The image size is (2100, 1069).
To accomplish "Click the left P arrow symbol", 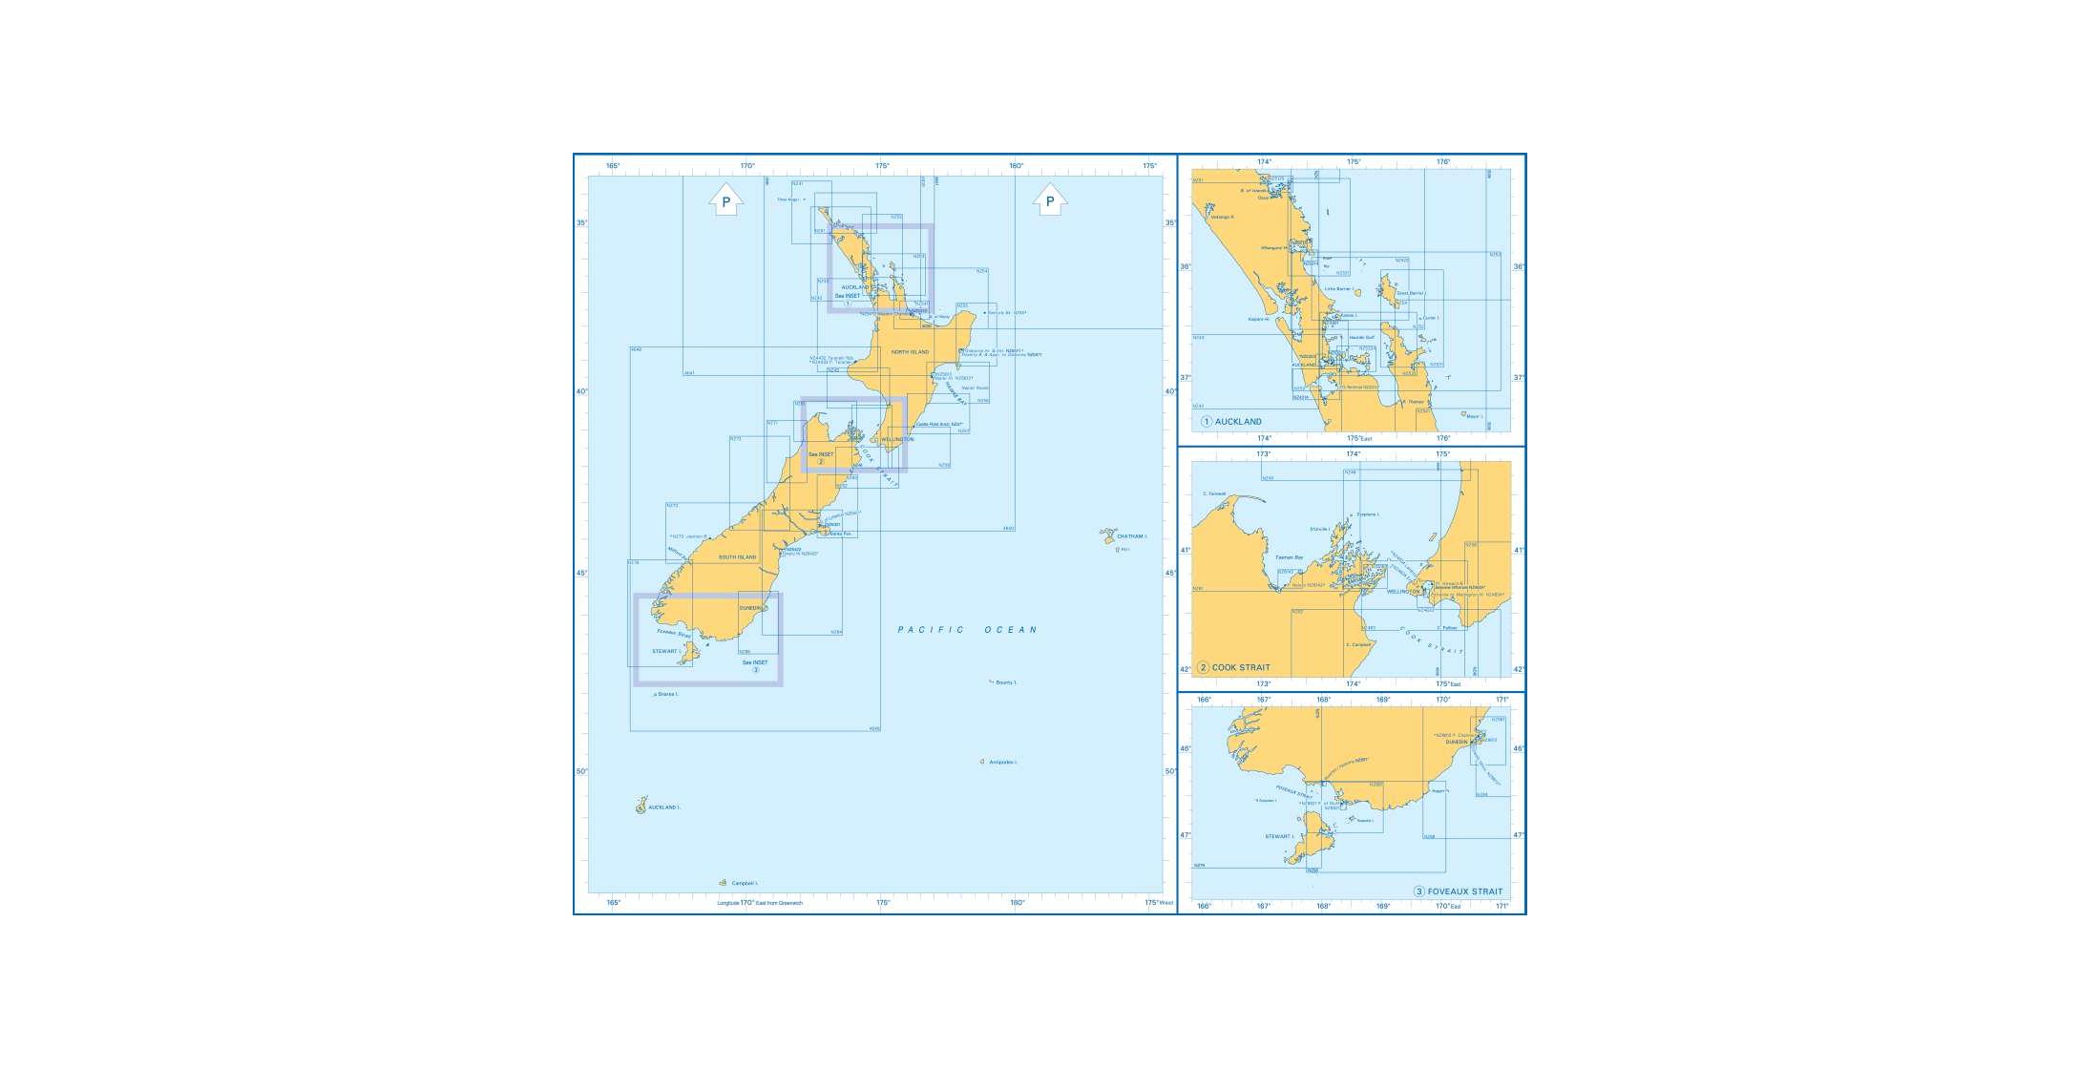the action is (x=725, y=199).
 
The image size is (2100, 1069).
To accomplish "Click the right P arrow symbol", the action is (x=1050, y=199).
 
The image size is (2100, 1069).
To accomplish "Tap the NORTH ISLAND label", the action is (x=910, y=352).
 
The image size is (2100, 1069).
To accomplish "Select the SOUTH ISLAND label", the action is (x=737, y=557).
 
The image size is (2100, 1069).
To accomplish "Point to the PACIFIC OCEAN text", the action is (x=967, y=630).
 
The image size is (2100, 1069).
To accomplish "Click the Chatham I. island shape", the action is (x=1107, y=536).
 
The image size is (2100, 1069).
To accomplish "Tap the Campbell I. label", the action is (x=745, y=884).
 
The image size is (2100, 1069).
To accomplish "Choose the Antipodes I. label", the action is (x=1003, y=763).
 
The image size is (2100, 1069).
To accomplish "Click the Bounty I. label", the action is (x=1006, y=682).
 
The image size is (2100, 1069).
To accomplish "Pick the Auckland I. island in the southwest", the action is (x=641, y=806).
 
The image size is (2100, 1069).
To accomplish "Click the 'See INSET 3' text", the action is (x=755, y=665).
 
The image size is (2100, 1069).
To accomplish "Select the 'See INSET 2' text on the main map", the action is (x=821, y=457).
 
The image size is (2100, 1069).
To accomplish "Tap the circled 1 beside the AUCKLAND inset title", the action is (x=1207, y=422).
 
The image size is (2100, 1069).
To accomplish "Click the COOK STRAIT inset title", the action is (x=1241, y=668).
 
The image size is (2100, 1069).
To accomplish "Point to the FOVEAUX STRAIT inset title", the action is (x=1464, y=891).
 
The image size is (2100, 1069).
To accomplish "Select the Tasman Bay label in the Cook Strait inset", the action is (x=1289, y=557).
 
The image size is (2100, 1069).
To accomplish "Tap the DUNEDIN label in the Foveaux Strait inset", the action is (x=1456, y=742).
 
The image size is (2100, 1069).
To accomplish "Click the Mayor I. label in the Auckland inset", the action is (x=1475, y=416).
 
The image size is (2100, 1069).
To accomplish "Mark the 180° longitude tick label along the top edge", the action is (x=1017, y=166).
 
